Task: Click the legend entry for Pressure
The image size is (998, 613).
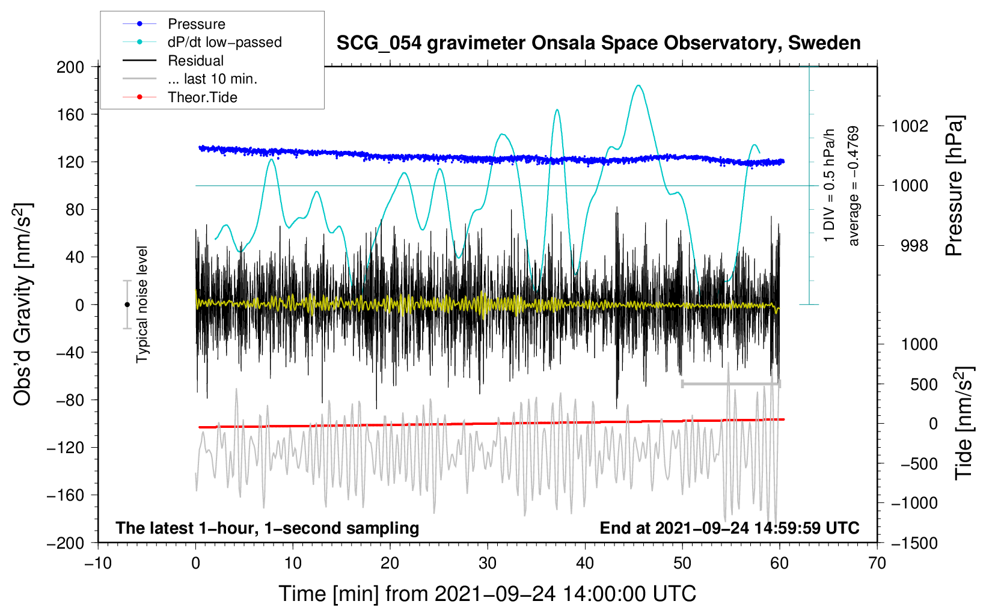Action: [x=196, y=24]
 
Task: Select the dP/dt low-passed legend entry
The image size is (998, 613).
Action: [x=224, y=42]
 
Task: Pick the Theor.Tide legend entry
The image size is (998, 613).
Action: [x=202, y=97]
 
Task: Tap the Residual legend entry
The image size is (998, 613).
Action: [x=195, y=61]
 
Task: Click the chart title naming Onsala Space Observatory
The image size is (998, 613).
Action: [x=598, y=43]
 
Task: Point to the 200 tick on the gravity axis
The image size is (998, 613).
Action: [x=70, y=67]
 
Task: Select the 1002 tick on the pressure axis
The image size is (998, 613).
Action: [x=910, y=126]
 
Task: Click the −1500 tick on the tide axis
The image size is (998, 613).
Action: [x=914, y=543]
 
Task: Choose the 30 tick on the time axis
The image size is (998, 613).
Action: [x=488, y=563]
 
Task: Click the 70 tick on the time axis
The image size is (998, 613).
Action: [x=877, y=563]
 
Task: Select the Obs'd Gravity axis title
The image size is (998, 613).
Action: [x=23, y=304]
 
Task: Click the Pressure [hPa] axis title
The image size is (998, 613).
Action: [x=955, y=186]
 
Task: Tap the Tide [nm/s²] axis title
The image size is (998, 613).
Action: [x=964, y=423]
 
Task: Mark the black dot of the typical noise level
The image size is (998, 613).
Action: [x=127, y=305]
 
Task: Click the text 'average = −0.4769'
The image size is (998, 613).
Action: [x=854, y=186]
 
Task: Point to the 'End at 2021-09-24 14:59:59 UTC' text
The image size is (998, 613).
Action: [x=729, y=528]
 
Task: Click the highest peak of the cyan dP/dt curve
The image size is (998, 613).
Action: [x=638, y=85]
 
